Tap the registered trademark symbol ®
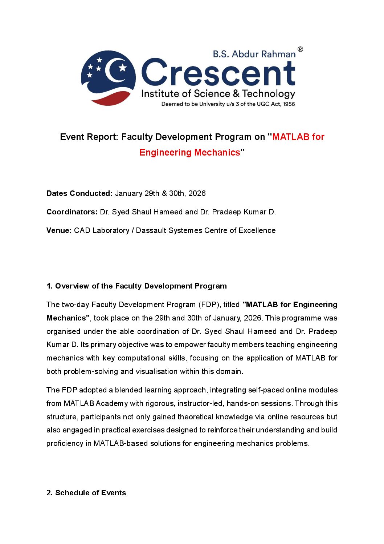pos(300,49)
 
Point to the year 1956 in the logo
pos(289,104)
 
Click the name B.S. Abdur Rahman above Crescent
pos(254,54)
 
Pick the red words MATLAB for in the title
pos(298,137)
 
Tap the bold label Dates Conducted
pos(79,193)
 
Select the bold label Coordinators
pos(72,212)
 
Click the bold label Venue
pos(59,230)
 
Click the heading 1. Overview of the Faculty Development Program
pos(136,286)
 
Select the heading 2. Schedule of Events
pos(86,493)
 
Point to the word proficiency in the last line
pos(64,443)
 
